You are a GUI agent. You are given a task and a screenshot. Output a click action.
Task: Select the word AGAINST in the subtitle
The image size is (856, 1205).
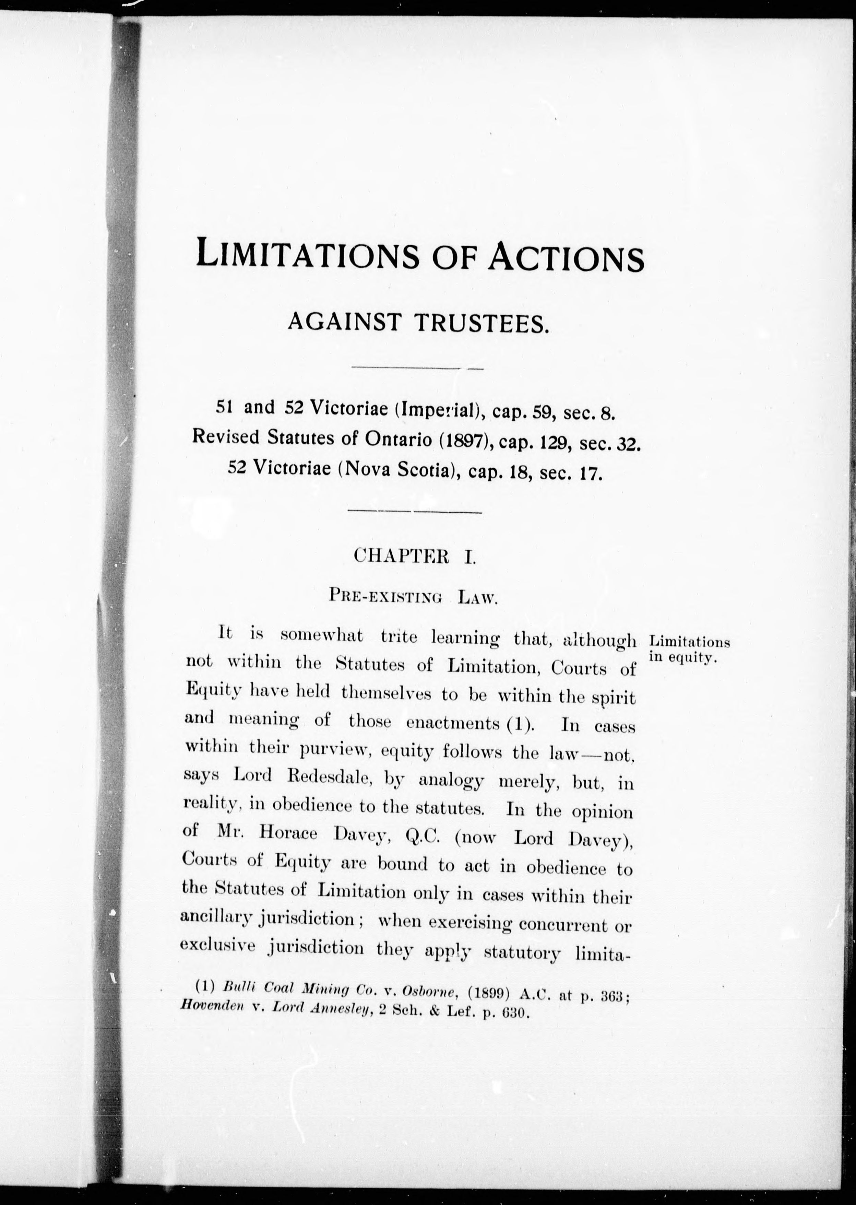(x=345, y=322)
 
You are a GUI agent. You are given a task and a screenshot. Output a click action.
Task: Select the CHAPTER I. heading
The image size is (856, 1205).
(x=415, y=557)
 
